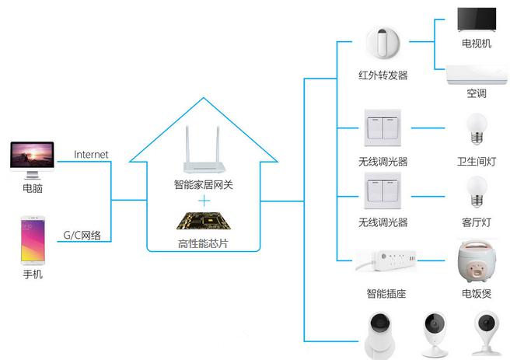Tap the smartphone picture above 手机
32,240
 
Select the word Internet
91,155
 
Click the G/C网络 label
82,236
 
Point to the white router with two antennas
203,154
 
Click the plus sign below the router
204,201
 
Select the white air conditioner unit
477,74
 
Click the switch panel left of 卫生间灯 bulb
383,128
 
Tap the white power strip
386,260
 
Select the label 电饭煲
477,294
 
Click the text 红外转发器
383,75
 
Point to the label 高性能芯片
203,245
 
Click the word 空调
477,93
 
